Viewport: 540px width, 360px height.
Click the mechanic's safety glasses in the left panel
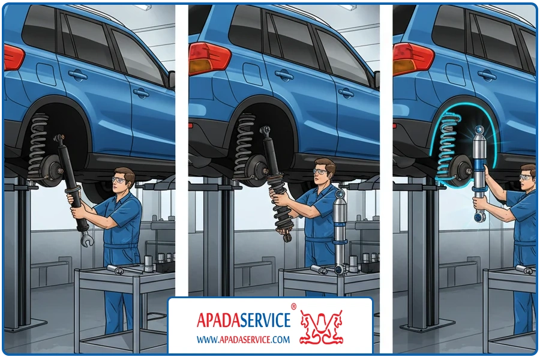(x=118, y=180)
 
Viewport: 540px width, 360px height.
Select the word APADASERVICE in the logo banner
(x=244, y=320)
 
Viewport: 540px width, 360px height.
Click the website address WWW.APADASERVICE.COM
(x=243, y=340)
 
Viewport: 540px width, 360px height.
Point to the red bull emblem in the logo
(x=322, y=327)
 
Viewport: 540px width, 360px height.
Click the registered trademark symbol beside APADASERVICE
(x=294, y=306)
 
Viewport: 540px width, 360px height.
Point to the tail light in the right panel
(x=413, y=59)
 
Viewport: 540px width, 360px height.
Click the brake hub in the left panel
(x=50, y=169)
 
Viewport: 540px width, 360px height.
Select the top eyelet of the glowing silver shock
(x=479, y=130)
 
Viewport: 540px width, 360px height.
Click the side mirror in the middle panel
(x=377, y=80)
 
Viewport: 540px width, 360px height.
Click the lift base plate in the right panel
(x=427, y=326)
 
